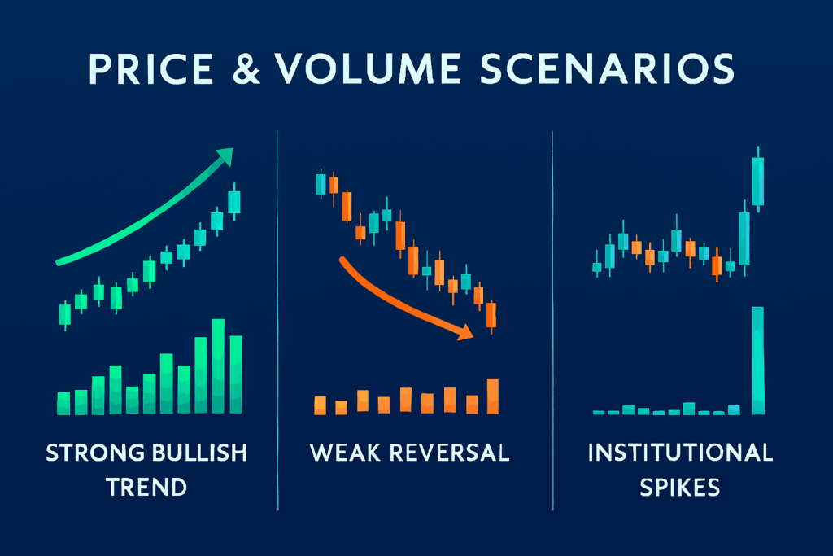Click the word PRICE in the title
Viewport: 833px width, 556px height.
click(150, 69)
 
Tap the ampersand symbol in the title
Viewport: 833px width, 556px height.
click(246, 69)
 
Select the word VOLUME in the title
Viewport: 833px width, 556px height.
click(368, 69)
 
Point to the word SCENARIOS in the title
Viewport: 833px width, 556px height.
click(607, 69)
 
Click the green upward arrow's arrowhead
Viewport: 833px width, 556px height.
click(225, 156)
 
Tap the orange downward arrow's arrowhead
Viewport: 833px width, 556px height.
click(464, 332)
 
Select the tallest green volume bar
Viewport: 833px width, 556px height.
click(218, 366)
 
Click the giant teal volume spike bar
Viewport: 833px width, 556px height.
click(758, 361)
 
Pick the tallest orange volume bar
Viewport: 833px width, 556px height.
click(493, 396)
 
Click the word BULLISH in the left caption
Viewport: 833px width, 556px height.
click(200, 453)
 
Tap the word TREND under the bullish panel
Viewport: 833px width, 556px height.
click(146, 488)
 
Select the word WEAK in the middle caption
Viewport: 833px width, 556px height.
click(345, 453)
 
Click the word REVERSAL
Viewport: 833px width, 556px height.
click(449, 453)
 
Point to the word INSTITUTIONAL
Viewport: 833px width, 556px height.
click(680, 453)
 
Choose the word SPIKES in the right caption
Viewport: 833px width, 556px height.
click(680, 488)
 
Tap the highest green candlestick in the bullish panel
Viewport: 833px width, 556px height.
click(233, 202)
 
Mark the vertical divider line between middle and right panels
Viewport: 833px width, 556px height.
click(552, 321)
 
